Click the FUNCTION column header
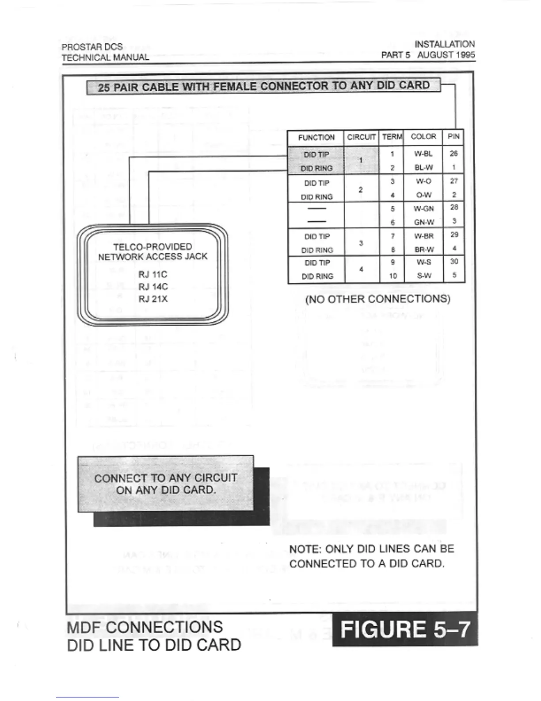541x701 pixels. tap(316, 138)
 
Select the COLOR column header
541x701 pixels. tap(423, 137)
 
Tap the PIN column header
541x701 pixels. tap(453, 136)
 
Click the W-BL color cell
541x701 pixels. tap(423, 154)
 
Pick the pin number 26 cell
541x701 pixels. tap(453, 154)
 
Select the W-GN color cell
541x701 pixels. tap(423, 208)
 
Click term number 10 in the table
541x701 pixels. tap(392, 276)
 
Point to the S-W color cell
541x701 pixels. tap(424, 276)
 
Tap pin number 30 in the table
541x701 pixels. tap(454, 262)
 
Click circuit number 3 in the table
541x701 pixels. tap(361, 243)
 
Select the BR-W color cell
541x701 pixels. tap(424, 250)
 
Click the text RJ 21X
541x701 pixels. tap(153, 299)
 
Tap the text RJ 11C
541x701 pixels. tap(153, 274)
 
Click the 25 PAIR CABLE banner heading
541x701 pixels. tap(263, 86)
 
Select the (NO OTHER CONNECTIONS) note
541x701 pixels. tap(377, 299)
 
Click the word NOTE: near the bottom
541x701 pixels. tap(305, 549)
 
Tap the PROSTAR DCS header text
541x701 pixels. tap(92, 46)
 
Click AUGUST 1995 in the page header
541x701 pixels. tap(446, 55)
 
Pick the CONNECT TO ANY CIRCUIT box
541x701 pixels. tap(166, 484)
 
